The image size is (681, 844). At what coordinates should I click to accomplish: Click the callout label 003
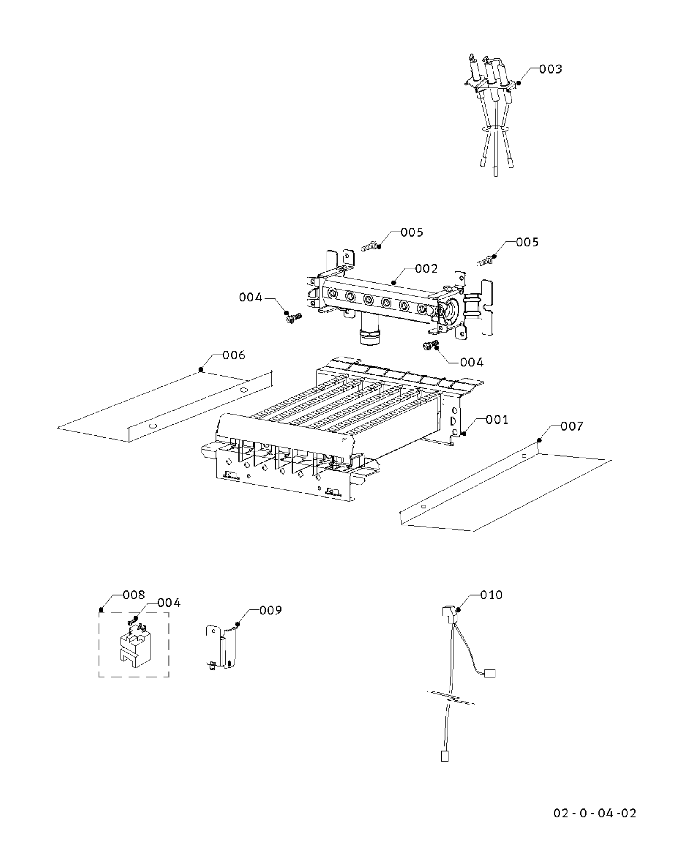(x=550, y=69)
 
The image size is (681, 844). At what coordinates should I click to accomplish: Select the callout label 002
(x=426, y=269)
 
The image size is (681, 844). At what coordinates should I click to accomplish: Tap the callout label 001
(x=497, y=420)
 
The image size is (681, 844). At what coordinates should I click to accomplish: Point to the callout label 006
(x=234, y=355)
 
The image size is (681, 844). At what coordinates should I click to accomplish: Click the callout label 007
(x=571, y=426)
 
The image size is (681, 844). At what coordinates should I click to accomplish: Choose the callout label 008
(x=134, y=595)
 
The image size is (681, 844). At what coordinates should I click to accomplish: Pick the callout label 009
(x=270, y=610)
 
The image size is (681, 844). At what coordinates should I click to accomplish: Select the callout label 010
(x=491, y=595)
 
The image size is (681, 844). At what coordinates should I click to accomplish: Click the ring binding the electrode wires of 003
(x=495, y=130)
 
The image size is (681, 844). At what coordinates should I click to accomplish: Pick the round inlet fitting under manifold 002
(x=370, y=335)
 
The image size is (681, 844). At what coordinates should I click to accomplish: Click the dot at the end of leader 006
(x=201, y=370)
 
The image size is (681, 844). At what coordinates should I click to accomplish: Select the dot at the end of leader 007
(x=539, y=440)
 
